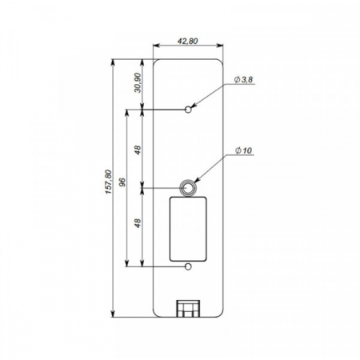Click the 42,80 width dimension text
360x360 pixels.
186,41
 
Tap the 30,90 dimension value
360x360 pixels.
138,83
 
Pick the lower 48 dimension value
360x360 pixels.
138,224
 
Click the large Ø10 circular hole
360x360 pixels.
188,187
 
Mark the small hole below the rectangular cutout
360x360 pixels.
188,265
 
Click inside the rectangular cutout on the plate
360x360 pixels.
188,229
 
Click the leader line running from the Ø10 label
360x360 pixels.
213,170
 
